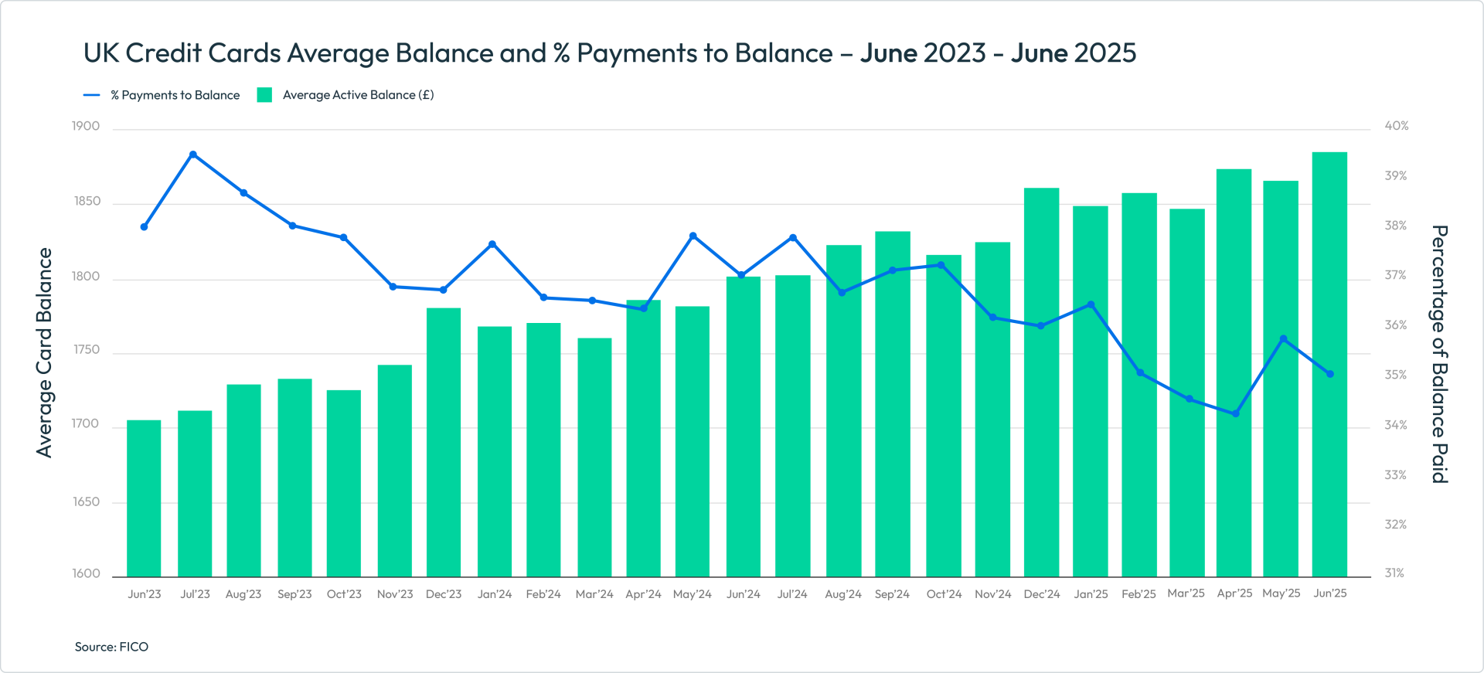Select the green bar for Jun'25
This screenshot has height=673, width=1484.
pyautogui.click(x=1329, y=363)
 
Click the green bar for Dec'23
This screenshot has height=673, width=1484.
pyautogui.click(x=444, y=442)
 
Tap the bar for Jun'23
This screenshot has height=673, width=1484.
pyautogui.click(x=144, y=498)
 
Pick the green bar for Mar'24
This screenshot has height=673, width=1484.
pyautogui.click(x=594, y=457)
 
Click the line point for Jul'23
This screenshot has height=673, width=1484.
pyautogui.click(x=193, y=155)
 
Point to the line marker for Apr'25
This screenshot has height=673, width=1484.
pyautogui.click(x=1236, y=414)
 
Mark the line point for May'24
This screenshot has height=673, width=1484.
pyautogui.click(x=693, y=236)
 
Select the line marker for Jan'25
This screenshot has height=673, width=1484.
pyautogui.click(x=1091, y=304)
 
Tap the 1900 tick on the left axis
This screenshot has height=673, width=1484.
pyautogui.click(x=86, y=126)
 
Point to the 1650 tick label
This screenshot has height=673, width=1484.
pyautogui.click(x=86, y=501)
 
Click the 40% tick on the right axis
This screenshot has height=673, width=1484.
pyautogui.click(x=1396, y=126)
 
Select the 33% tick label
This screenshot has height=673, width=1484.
pyautogui.click(x=1395, y=474)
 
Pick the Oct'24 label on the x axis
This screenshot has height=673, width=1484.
pyautogui.click(x=944, y=594)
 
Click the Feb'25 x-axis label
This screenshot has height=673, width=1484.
pyautogui.click(x=1139, y=594)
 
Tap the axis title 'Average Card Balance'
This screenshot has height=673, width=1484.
pyautogui.click(x=44, y=352)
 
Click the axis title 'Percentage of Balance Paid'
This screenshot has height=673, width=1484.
pyautogui.click(x=1439, y=354)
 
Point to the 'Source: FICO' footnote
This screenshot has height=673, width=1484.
pyautogui.click(x=111, y=647)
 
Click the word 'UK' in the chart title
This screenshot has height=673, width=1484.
pyautogui.click(x=100, y=53)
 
